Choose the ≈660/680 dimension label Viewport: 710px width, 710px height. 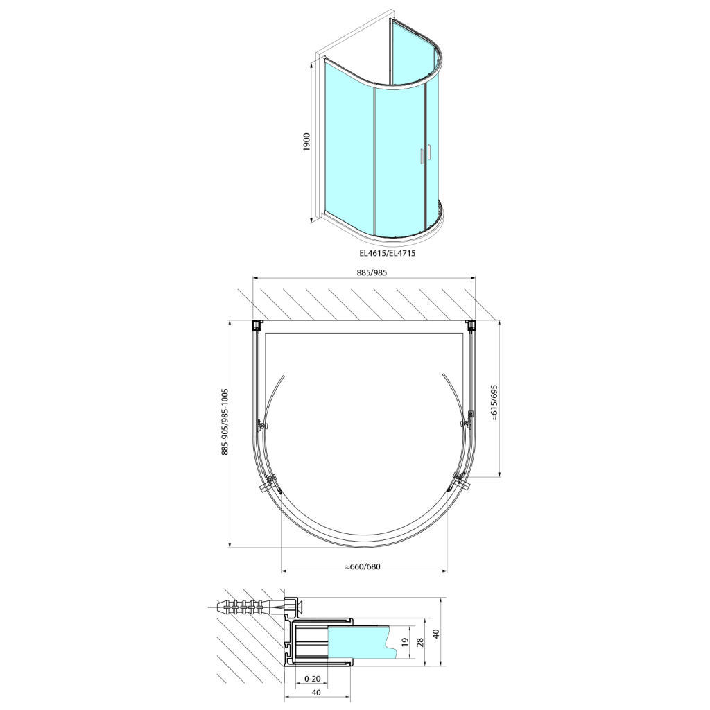363,566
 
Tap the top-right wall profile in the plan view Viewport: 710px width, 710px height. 471,325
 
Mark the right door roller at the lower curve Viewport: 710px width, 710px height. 459,480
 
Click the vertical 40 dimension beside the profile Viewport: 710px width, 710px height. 436,634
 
